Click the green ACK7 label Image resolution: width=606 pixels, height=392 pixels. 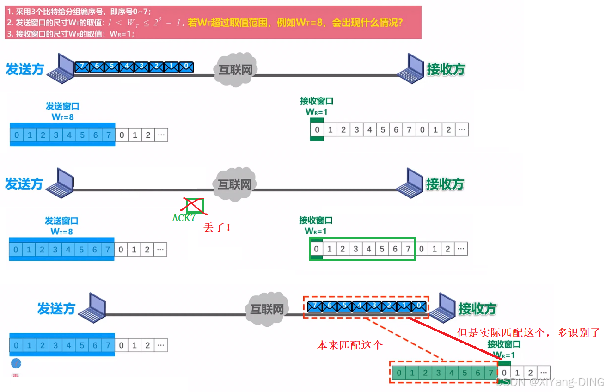(x=184, y=218)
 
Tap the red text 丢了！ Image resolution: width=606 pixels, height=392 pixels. (x=217, y=227)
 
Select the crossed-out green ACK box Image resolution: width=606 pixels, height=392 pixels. (x=195, y=205)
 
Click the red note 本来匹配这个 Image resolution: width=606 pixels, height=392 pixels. (x=350, y=345)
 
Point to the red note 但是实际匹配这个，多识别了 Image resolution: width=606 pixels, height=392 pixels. (x=528, y=333)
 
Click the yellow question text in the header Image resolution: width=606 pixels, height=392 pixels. (x=295, y=22)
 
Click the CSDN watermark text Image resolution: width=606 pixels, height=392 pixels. (x=549, y=382)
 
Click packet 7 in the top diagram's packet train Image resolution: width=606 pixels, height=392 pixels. (x=82, y=67)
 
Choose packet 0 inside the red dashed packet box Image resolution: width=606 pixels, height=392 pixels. (x=418, y=306)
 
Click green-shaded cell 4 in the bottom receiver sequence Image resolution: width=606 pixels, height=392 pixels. (x=451, y=373)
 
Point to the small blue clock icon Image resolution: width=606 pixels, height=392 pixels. (x=16, y=363)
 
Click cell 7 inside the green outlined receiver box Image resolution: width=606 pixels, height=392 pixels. (x=408, y=249)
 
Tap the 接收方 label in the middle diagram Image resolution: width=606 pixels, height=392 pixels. (x=445, y=184)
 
